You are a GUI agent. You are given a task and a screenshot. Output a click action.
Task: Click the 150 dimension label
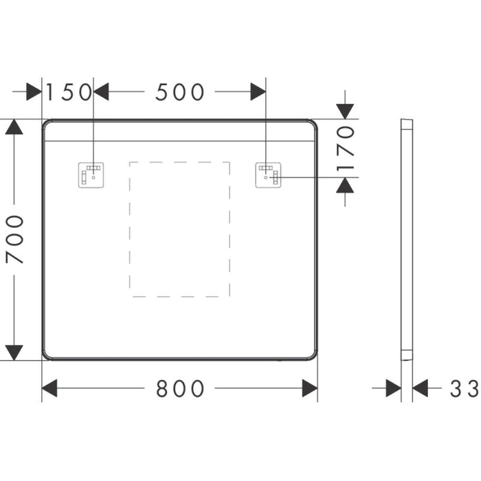pyautogui.click(x=69, y=92)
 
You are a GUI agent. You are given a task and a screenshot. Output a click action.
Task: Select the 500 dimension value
pyautogui.click(x=180, y=92)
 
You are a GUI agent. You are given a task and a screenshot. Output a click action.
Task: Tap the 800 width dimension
pyautogui.click(x=180, y=388)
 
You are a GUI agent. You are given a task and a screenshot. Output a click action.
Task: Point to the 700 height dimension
pyautogui.click(x=14, y=239)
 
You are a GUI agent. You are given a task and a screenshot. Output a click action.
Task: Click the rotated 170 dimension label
pyautogui.click(x=346, y=148)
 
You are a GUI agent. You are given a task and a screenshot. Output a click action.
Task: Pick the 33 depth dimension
pyautogui.click(x=464, y=388)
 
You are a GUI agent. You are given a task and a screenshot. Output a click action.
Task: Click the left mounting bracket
pyautogui.click(x=91, y=175)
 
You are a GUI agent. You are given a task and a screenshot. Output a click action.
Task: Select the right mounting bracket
pyautogui.click(x=269, y=175)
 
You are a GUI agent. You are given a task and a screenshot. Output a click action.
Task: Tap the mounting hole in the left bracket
pyautogui.click(x=93, y=177)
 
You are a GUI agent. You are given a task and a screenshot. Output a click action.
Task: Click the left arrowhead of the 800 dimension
pyautogui.click(x=49, y=388)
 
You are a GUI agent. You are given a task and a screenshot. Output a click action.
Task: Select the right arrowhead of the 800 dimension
pyautogui.click(x=310, y=388)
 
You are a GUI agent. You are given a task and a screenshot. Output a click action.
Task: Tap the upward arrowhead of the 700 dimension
pyautogui.click(x=14, y=126)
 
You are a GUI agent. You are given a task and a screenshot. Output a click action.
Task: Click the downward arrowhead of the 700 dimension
pyautogui.click(x=14, y=353)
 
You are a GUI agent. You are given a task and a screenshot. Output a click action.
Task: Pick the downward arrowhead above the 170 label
pyautogui.click(x=345, y=111)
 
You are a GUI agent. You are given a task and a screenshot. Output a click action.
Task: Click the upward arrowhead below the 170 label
pyautogui.click(x=345, y=185)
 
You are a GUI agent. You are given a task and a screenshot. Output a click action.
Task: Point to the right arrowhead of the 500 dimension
pyautogui.click(x=258, y=91)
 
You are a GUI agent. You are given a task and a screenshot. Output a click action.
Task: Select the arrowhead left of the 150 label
pyautogui.click(x=34, y=91)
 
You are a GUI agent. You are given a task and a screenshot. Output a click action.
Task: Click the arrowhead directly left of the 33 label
pyautogui.click(x=421, y=388)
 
